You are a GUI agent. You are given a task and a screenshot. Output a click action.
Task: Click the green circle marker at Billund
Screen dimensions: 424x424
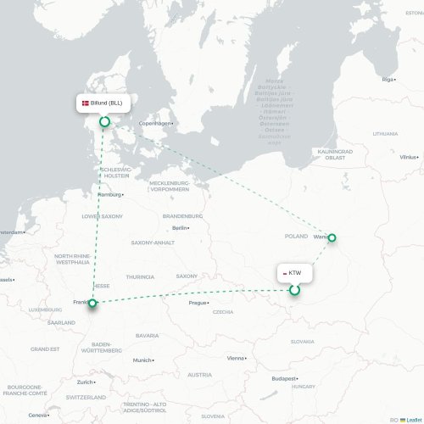tap(105, 122)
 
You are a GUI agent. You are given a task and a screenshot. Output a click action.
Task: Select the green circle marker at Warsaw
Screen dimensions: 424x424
tap(332, 238)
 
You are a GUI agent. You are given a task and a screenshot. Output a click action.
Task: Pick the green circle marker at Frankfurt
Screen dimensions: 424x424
tap(92, 303)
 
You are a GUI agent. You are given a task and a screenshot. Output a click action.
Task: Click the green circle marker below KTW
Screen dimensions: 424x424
tap(294, 290)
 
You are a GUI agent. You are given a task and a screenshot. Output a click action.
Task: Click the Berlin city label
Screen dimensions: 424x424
tap(180, 227)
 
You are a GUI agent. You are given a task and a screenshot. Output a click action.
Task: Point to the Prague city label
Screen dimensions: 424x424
tap(198, 303)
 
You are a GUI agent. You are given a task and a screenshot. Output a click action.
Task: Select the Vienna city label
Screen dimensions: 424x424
tap(235, 358)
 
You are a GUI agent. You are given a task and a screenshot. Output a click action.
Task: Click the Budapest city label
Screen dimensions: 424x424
tap(282, 378)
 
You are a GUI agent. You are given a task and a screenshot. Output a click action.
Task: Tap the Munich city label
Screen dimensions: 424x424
tap(142, 360)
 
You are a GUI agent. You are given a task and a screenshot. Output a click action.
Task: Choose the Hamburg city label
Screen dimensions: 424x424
tap(109, 194)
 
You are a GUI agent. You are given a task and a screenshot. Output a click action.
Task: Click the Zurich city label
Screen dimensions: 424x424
tap(83, 382)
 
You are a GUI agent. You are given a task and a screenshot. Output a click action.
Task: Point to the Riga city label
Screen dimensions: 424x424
tap(389, 79)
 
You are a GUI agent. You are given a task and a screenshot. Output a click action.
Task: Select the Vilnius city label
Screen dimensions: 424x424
tap(409, 157)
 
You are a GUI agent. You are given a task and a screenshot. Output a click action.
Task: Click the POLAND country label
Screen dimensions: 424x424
tap(296, 236)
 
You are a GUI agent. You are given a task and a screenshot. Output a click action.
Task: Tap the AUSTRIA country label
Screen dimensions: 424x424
tap(200, 374)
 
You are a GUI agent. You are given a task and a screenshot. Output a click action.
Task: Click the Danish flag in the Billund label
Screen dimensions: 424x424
tap(84, 103)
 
